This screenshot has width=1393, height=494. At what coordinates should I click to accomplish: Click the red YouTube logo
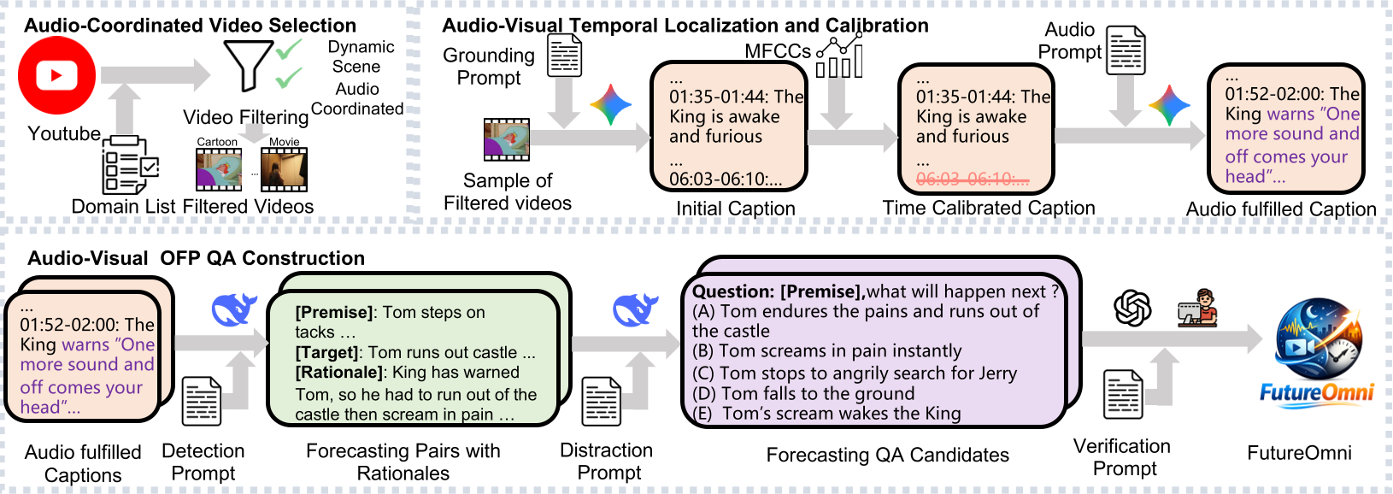57,75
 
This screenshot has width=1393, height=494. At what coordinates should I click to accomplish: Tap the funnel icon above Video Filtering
247,65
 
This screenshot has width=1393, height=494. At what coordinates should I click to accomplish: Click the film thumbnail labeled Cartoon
219,169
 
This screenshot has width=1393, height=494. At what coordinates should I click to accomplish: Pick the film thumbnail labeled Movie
284,169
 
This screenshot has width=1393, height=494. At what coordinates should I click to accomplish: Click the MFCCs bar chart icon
839,56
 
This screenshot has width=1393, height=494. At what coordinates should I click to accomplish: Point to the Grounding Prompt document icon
564,56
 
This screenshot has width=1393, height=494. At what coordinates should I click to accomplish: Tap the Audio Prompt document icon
1126,50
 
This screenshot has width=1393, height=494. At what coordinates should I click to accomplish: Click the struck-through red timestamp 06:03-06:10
972,179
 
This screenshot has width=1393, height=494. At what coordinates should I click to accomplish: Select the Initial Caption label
735,209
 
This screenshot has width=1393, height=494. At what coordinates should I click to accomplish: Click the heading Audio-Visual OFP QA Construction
196,258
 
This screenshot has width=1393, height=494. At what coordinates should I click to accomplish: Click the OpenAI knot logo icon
1132,308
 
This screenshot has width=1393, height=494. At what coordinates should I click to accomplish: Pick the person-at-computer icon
1196,308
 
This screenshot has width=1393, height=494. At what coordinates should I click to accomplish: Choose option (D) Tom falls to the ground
803,393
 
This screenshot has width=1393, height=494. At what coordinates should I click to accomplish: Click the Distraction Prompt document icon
602,402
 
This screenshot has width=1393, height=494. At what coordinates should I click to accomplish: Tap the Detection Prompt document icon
202,401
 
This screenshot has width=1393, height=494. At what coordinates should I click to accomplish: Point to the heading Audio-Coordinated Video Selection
190,26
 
